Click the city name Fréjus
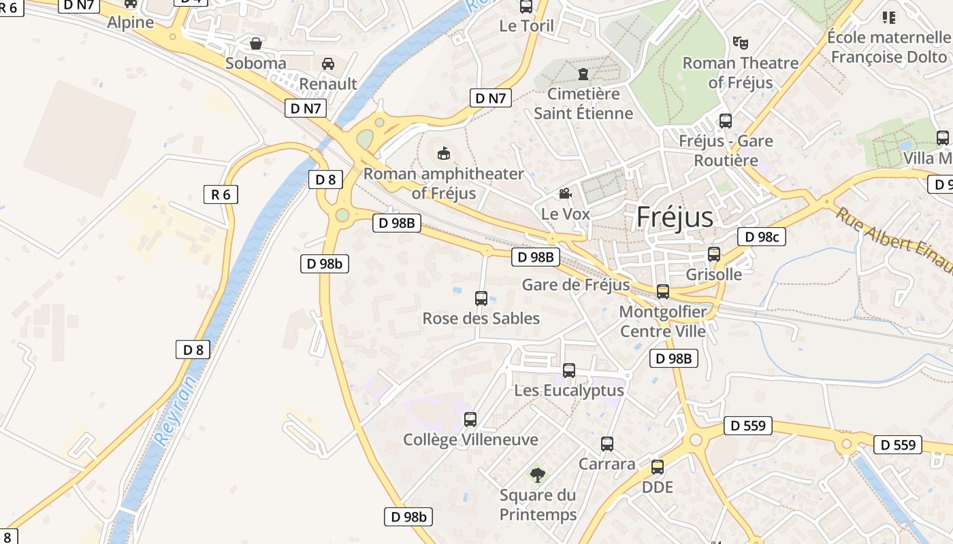click(x=675, y=217)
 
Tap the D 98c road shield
click(x=762, y=237)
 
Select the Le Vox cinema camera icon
click(x=565, y=194)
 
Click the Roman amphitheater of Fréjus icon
click(x=444, y=154)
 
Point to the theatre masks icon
click(x=741, y=43)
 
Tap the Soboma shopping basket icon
click(x=256, y=44)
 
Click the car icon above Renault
click(x=328, y=64)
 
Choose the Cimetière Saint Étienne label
click(x=583, y=103)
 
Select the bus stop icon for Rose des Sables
click(x=481, y=298)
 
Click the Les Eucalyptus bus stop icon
click(x=569, y=371)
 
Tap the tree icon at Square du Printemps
click(x=538, y=475)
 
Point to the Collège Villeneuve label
click(x=470, y=440)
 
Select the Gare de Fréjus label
click(x=576, y=284)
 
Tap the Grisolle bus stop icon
click(x=714, y=254)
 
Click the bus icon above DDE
click(x=658, y=467)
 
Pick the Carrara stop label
click(x=607, y=464)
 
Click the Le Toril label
click(x=527, y=27)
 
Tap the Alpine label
click(x=131, y=22)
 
